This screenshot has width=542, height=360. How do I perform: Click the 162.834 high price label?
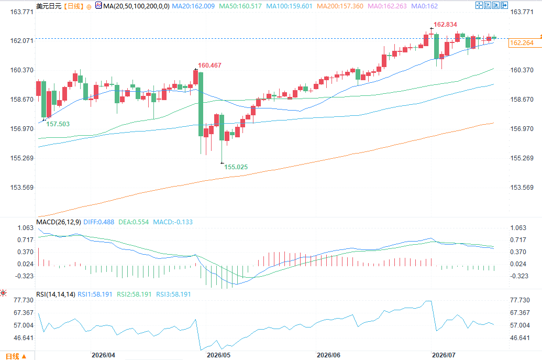[x=445, y=25]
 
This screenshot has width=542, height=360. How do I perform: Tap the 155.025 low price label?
[x=236, y=167]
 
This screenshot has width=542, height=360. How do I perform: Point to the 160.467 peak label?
[x=209, y=66]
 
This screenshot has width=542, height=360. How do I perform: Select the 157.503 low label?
[x=58, y=124]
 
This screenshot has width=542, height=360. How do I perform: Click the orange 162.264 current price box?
[x=522, y=43]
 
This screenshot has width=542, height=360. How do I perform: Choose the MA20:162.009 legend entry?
[x=193, y=6]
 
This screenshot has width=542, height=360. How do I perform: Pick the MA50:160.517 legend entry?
[x=240, y=6]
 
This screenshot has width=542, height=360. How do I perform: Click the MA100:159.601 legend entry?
[x=289, y=6]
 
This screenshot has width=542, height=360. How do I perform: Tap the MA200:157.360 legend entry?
[x=340, y=6]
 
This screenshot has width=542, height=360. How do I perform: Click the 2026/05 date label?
[x=218, y=355]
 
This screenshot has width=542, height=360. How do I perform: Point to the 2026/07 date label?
[x=444, y=355]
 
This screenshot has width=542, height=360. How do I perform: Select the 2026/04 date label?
[x=103, y=355]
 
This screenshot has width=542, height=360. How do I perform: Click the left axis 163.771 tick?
[x=22, y=12]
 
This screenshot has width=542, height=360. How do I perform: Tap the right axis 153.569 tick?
[x=522, y=188]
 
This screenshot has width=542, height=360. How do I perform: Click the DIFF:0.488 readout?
[x=99, y=222]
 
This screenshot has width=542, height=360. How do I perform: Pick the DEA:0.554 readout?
[x=134, y=222]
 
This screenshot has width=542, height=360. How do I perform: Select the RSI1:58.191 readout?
[x=95, y=294]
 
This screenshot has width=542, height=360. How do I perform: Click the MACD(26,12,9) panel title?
[x=59, y=222]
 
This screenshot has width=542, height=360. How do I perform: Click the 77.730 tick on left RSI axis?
[x=24, y=300]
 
